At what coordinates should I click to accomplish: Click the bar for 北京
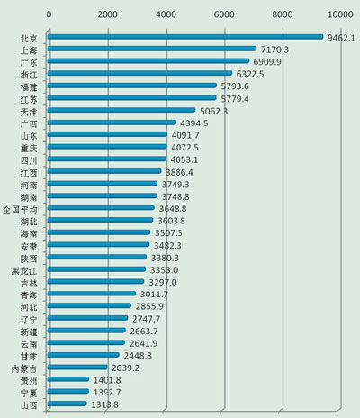coord(184,37)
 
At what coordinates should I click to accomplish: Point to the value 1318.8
coord(104,404)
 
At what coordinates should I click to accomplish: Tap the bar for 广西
coord(112,123)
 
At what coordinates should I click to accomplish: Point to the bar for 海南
coord(99,232)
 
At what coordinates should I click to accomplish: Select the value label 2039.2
coord(125,368)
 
